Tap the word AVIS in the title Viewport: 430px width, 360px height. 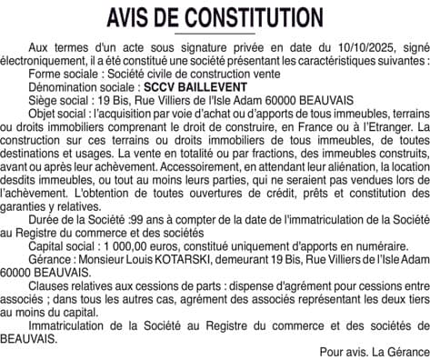pos(133,17)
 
